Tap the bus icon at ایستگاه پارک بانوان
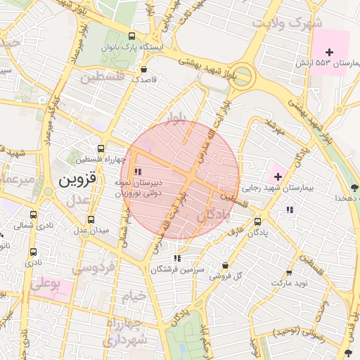(x=132, y=37)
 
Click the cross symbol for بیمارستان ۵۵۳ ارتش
(x=329, y=52)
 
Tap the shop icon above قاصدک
(x=144, y=70)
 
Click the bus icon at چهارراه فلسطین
(x=101, y=149)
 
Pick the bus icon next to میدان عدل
(x=91, y=219)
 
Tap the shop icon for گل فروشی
(x=224, y=266)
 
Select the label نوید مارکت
(x=289, y=282)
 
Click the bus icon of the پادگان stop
(x=257, y=220)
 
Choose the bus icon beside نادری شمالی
(x=34, y=215)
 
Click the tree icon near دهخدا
(x=353, y=188)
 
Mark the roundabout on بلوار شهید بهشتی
(x=241, y=75)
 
